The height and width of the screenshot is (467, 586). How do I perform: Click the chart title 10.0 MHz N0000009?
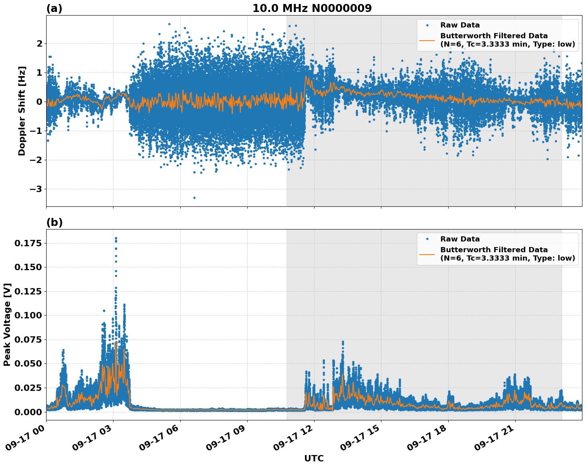[312, 8]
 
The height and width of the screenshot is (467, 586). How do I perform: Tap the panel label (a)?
[54, 8]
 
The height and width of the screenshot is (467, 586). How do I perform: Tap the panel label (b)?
[54, 222]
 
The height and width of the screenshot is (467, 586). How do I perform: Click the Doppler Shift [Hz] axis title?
[22, 111]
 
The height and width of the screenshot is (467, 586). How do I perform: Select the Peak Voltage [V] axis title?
[7, 324]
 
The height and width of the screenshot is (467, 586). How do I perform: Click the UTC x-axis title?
[314, 458]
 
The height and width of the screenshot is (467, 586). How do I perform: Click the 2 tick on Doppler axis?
[39, 43]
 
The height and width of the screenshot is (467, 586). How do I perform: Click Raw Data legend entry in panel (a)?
[460, 25]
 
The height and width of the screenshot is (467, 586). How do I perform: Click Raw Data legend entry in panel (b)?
[460, 239]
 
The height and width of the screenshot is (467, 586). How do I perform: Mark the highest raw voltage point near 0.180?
[116, 238]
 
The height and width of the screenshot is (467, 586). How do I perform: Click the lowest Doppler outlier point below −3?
[194, 198]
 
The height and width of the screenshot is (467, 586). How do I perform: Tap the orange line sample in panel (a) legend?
[427, 40]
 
